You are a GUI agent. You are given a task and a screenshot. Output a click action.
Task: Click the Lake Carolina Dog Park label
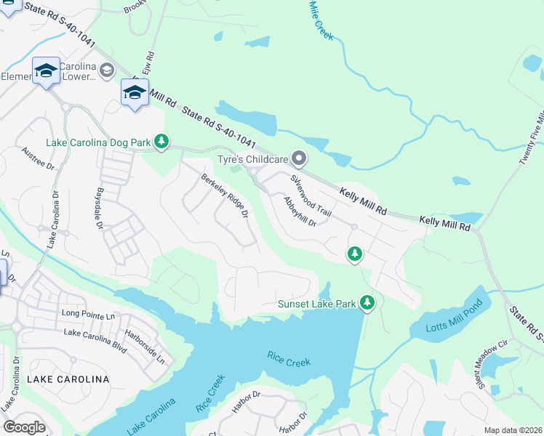[x=99, y=142]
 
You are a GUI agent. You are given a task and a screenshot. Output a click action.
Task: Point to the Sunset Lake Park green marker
[x=367, y=302]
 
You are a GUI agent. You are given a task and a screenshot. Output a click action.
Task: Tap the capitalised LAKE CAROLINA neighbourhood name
[x=67, y=379]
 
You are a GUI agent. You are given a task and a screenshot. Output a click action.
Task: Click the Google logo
[x=24, y=427]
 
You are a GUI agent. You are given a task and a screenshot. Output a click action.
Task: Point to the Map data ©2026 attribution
[x=513, y=430]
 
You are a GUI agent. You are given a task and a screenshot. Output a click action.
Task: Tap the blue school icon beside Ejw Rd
[x=135, y=93]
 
